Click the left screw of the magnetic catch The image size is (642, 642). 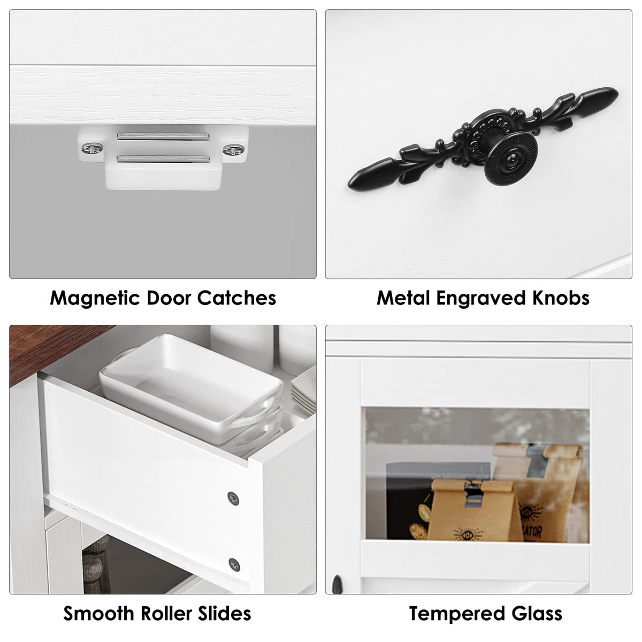[92, 148]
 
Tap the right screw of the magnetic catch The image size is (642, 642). [234, 150]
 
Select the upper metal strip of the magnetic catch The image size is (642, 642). [163, 136]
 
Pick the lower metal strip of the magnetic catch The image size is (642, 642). [163, 158]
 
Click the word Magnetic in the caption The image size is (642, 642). [95, 298]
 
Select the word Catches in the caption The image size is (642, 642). [236, 297]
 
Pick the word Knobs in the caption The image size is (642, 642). [561, 297]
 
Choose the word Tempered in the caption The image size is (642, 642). [457, 614]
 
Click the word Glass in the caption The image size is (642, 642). [537, 613]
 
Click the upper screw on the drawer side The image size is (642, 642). [233, 499]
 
